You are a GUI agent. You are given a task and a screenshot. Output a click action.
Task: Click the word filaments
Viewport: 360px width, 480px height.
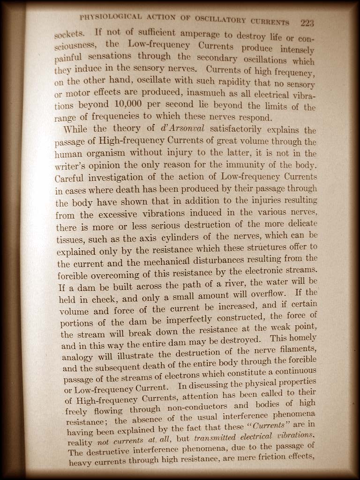tap(294, 349)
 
